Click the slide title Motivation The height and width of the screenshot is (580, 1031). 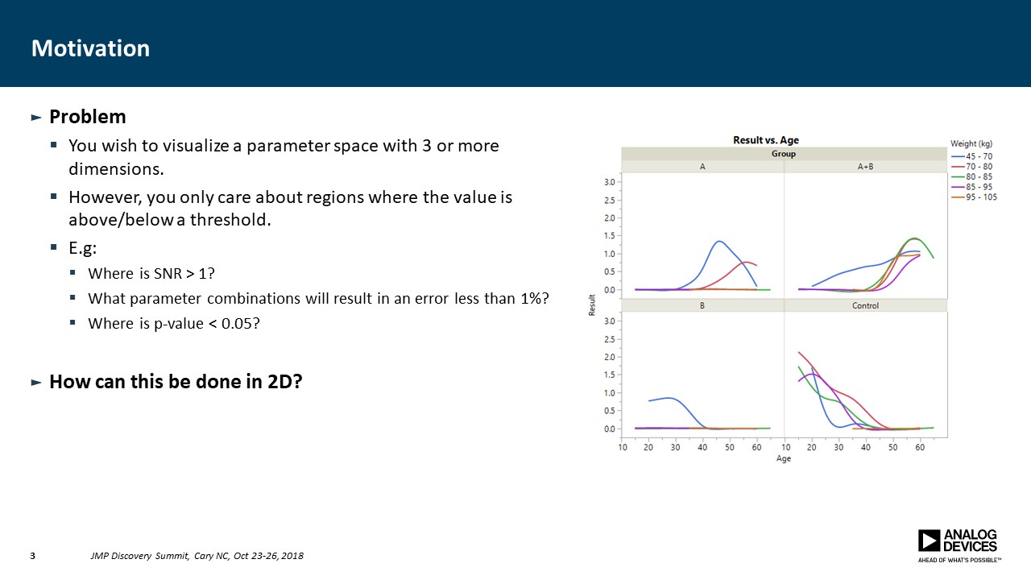[x=90, y=48]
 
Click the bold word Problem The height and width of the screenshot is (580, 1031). [x=87, y=117]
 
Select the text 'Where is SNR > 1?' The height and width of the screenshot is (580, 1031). [x=151, y=273]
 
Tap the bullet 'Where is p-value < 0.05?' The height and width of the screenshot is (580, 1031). [x=174, y=323]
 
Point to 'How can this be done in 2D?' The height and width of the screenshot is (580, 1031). [x=176, y=382]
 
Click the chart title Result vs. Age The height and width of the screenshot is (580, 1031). [x=765, y=140]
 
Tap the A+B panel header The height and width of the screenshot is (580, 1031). [x=865, y=167]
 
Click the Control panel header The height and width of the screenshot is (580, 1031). [x=865, y=305]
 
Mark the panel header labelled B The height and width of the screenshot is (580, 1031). [x=702, y=305]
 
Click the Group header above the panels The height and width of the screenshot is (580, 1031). [x=783, y=153]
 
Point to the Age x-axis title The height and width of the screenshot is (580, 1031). [x=783, y=458]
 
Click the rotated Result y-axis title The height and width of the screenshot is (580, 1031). [x=592, y=304]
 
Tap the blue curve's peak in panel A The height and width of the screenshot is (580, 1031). [x=718, y=241]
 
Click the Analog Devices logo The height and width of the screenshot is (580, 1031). [x=959, y=544]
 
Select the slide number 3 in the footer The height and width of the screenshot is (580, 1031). [x=33, y=556]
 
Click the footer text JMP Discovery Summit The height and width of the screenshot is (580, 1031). [x=140, y=556]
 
